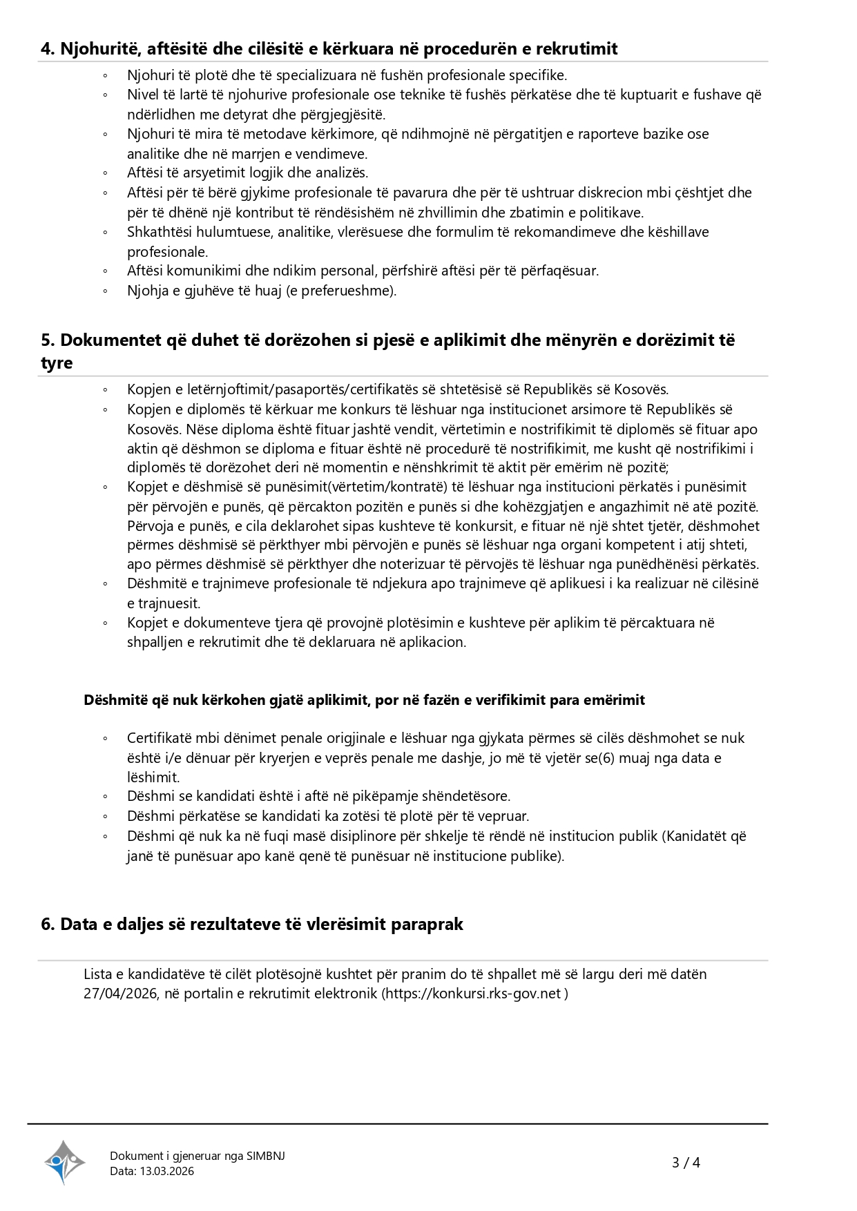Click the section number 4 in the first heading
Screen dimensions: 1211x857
(46, 49)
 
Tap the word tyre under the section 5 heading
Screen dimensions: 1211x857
(57, 363)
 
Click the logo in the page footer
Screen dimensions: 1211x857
(64, 1162)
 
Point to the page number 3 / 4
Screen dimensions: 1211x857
(686, 1163)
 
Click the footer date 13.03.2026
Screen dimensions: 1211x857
(166, 1171)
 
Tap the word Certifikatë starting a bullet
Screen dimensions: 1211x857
(159, 738)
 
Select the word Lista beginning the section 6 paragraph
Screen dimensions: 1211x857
(97, 974)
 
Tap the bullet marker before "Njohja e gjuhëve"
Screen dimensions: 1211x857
(105, 291)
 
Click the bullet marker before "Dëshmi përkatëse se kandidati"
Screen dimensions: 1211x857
(105, 817)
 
